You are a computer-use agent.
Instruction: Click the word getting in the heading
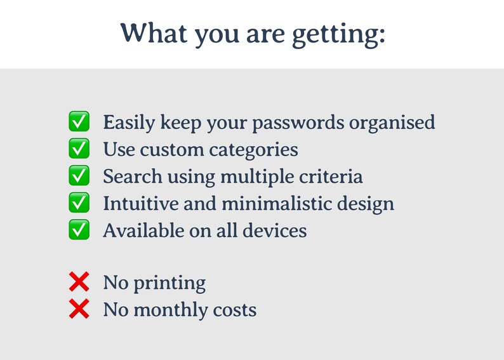pos(338,34)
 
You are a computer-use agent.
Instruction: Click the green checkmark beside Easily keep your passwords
pos(79,121)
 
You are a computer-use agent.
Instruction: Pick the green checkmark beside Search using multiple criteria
pos(79,176)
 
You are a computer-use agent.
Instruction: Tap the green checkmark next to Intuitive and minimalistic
pos(79,203)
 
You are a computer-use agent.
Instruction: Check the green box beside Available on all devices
pos(79,230)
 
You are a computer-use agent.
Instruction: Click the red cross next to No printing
pos(79,283)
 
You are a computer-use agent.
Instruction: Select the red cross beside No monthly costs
pos(79,309)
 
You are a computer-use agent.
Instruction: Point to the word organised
pos(392,123)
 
